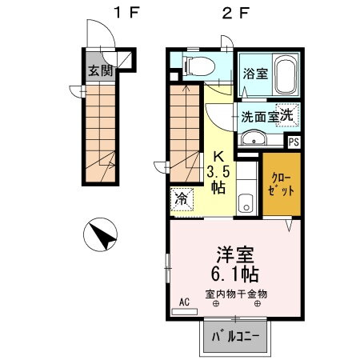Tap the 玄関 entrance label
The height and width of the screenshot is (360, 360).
(99, 70)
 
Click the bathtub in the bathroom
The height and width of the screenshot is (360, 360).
(284, 74)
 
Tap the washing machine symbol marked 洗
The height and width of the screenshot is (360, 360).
(286, 114)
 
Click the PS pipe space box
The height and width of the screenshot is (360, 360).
(294, 142)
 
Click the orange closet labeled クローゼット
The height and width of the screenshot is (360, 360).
(281, 186)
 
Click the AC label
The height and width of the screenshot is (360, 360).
(184, 303)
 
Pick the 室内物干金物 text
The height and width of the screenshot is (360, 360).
(236, 293)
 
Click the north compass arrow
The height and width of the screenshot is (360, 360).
(102, 236)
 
